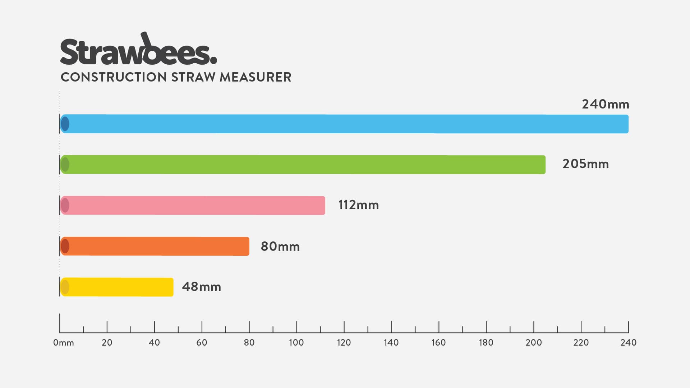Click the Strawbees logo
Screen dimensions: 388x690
138,50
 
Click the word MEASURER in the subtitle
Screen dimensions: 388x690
255,77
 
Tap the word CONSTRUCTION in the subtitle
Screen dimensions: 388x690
114,77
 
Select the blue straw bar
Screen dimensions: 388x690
344,124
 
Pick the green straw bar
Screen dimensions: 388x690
303,165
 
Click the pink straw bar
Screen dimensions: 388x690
193,205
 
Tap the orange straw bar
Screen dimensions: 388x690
155,246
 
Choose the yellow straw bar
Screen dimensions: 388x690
117,287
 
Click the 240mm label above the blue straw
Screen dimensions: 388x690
606,105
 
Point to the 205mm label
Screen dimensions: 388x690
585,164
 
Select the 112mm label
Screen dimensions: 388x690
358,205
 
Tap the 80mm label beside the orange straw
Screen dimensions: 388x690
280,246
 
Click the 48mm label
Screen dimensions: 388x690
201,287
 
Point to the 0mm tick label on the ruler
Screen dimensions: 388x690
64,343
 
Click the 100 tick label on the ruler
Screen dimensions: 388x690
296,343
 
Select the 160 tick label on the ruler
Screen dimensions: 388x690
438,343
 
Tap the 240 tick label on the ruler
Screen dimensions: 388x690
628,343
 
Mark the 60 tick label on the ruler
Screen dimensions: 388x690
202,343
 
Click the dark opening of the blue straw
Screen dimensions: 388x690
65,124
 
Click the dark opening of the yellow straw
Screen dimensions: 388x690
65,287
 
